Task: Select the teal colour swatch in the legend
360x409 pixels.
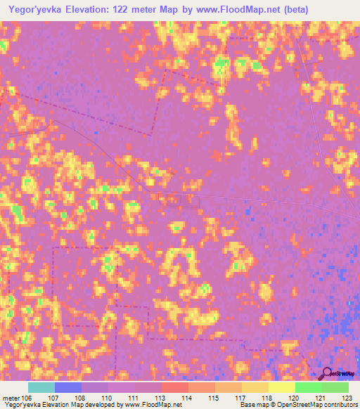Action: coord(41,387)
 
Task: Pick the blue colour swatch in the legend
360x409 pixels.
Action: coord(68,387)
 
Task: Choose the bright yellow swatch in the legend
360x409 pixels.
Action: coord(282,387)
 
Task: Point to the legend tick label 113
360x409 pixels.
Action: coord(162,397)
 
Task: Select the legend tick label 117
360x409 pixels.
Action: coord(243,397)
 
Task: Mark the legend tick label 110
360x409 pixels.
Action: coord(108,397)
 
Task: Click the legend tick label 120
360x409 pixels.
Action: coord(295,397)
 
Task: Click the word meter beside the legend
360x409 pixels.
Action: coord(11,397)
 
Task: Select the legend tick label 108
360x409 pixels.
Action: coord(82,397)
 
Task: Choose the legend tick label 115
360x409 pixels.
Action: coord(215,397)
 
